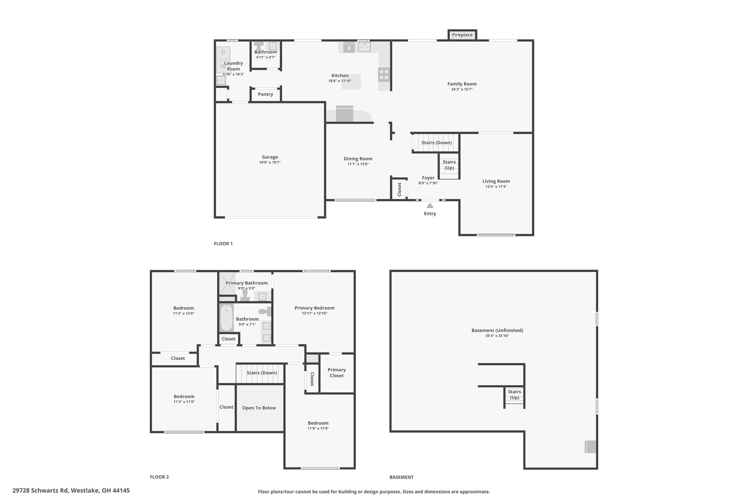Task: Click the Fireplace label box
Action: pos(462,35)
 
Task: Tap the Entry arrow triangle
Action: pos(430,206)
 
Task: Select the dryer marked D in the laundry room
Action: pos(223,53)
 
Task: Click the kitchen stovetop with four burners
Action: pos(384,75)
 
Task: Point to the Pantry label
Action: pos(266,94)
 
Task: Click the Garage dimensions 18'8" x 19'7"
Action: pos(270,163)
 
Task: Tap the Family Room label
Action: pos(462,84)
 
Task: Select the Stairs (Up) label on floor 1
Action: pos(449,165)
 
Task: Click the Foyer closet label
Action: pos(399,189)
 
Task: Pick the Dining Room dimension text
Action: pos(358,164)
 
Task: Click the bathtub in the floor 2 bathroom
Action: pos(226,318)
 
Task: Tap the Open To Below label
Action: pos(259,408)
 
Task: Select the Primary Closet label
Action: pos(337,373)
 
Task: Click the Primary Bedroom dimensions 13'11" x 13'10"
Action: pos(314,313)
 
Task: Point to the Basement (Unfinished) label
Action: pos(497,330)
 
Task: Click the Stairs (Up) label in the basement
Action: pos(515,394)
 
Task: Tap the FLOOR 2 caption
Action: pos(159,477)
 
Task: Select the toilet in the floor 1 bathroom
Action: pos(259,46)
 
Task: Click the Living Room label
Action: pos(496,181)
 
